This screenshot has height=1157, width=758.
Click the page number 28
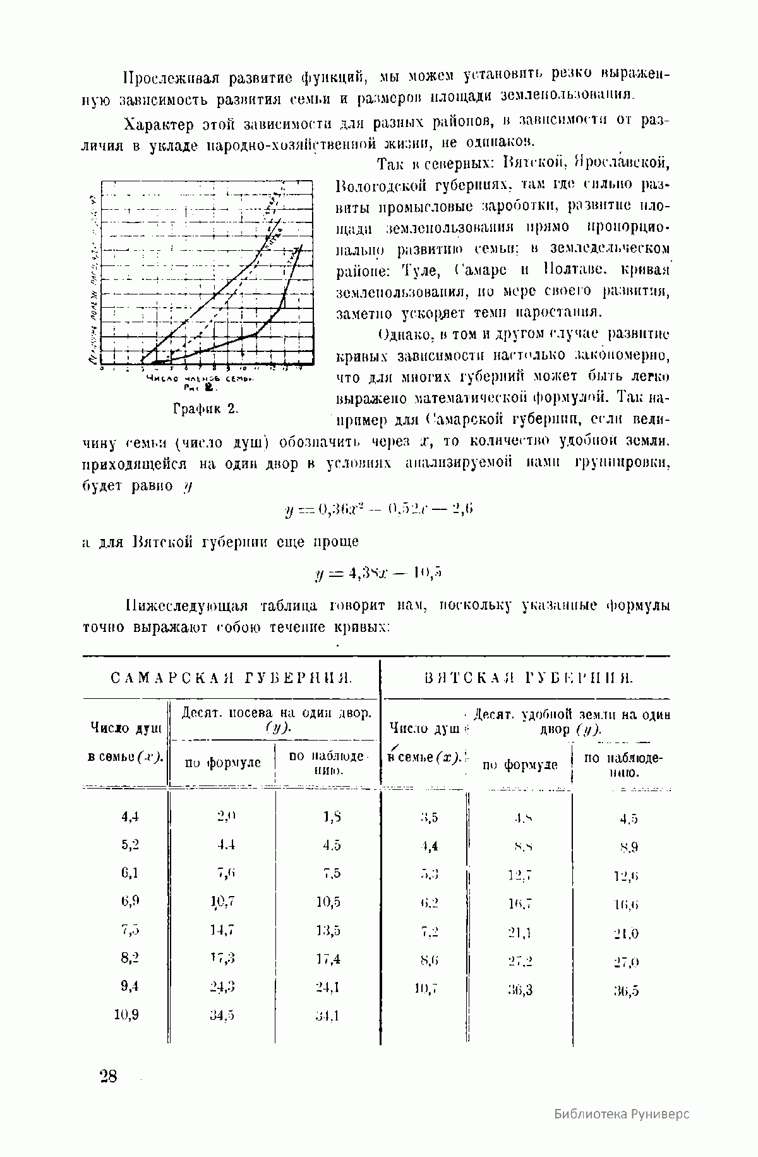[x=108, y=1076]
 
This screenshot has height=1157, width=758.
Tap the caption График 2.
[x=205, y=408]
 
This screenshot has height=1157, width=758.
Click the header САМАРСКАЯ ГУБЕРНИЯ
[x=231, y=679]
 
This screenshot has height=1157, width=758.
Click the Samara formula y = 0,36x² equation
[x=379, y=509]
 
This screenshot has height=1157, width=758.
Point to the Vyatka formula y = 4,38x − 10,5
[x=378, y=573]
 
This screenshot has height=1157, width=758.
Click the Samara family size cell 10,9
[x=126, y=1015]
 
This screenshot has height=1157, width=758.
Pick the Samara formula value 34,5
[x=222, y=1015]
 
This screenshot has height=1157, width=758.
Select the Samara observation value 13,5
[x=328, y=930]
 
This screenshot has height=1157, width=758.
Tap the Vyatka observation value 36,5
[x=626, y=991]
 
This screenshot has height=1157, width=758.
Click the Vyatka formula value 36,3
[x=520, y=990]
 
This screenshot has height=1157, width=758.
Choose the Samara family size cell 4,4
[x=129, y=816]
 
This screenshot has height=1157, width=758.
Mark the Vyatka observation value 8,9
[x=629, y=847]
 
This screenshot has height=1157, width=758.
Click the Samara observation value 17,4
[x=328, y=959]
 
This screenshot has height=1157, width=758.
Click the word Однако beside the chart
[x=400, y=334]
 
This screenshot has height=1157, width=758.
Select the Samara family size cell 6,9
[x=129, y=901]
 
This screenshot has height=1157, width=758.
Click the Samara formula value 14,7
[x=222, y=930]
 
